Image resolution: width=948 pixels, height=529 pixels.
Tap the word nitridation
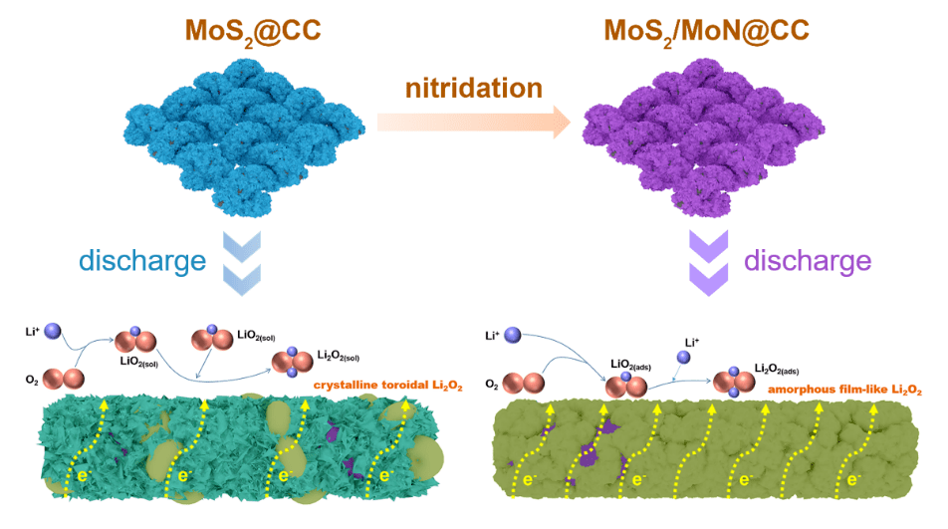pos(473,88)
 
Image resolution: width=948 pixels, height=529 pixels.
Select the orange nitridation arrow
pos(473,123)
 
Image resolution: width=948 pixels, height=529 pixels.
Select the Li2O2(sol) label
pos(345,356)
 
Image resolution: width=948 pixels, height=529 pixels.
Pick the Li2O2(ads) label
pos(780,369)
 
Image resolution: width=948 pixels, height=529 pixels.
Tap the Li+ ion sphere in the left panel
pos(53,332)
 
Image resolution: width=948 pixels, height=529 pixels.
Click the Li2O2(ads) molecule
pos(736,381)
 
